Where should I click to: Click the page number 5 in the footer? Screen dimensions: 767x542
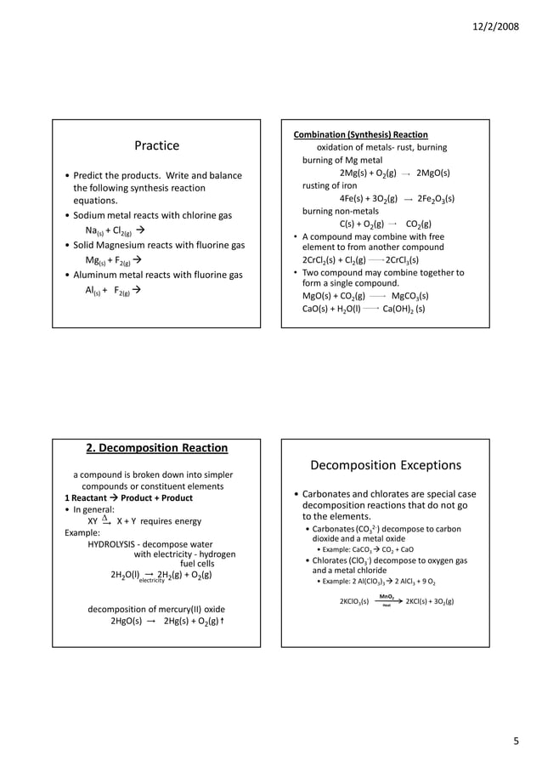(x=515, y=741)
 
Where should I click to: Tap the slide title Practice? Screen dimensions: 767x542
(x=157, y=145)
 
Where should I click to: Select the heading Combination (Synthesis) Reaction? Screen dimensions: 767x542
(x=360, y=134)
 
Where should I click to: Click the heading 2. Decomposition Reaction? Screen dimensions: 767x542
(x=157, y=448)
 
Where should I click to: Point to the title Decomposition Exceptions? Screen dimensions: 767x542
(x=386, y=465)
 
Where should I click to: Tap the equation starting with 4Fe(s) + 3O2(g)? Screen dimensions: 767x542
(x=396, y=199)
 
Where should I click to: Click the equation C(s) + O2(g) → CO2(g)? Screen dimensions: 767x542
(x=386, y=224)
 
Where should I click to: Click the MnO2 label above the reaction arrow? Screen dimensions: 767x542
(x=386, y=595)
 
